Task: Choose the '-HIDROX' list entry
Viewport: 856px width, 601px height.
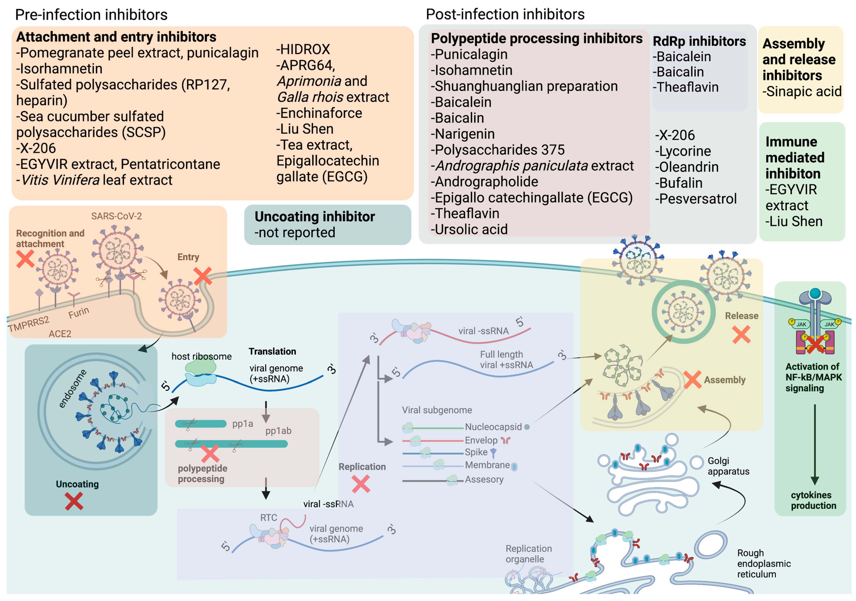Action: coord(303,49)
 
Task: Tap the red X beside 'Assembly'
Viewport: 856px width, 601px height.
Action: coord(692,380)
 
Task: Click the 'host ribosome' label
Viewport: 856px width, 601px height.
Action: coord(201,356)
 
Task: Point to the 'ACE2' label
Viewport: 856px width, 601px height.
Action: coord(60,334)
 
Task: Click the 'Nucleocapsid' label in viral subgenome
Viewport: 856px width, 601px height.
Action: coord(493,427)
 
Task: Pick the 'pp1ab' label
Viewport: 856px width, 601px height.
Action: coord(278,431)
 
